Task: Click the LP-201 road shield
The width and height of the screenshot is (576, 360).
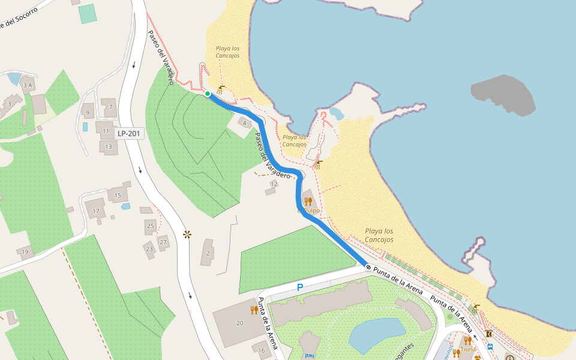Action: pyautogui.click(x=130, y=133)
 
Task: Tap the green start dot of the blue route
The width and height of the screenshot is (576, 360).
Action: pyautogui.click(x=207, y=94)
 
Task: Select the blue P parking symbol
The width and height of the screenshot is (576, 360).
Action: pyautogui.click(x=300, y=288)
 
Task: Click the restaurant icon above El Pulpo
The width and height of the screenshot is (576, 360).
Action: pyautogui.click(x=308, y=201)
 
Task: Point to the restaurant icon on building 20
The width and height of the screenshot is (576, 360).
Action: pyautogui.click(x=254, y=310)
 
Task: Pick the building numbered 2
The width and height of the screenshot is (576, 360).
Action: pyautogui.click(x=208, y=253)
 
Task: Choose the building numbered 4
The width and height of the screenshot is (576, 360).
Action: pyautogui.click(x=244, y=122)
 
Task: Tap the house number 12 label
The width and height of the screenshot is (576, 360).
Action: pyautogui.click(x=274, y=184)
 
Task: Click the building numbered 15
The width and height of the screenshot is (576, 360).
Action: pyautogui.click(x=118, y=195)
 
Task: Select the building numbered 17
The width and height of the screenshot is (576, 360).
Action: pyautogui.click(x=95, y=211)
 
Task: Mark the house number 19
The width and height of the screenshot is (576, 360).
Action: pyautogui.click(x=25, y=252)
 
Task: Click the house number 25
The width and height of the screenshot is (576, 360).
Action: pyautogui.click(x=150, y=226)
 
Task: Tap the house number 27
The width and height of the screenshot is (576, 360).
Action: pyautogui.click(x=163, y=242)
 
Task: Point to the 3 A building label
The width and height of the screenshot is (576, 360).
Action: pyautogui.click(x=27, y=86)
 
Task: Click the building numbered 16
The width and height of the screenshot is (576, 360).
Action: pyautogui.click(x=262, y=350)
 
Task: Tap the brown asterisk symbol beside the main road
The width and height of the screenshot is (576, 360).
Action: pyautogui.click(x=187, y=234)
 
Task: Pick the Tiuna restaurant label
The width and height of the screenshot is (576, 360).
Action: pyautogui.click(x=468, y=349)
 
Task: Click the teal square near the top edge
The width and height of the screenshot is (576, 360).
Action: pyautogui.click(x=88, y=13)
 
